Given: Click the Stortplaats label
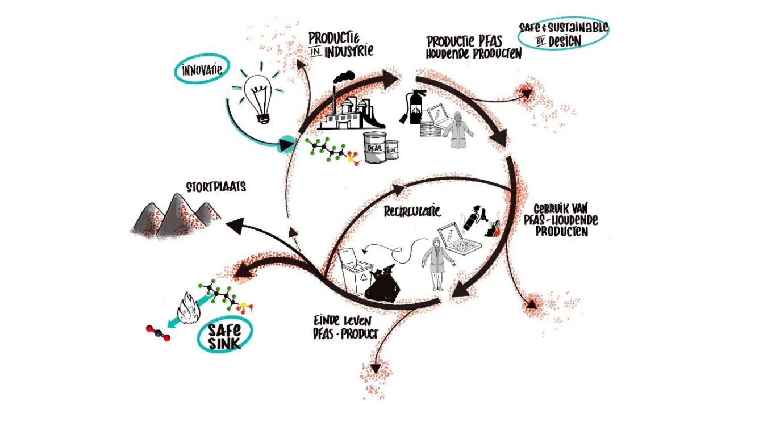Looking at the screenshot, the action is click(216, 187).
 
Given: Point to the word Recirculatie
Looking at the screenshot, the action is click(412, 211).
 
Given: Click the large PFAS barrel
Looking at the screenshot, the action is click(375, 147).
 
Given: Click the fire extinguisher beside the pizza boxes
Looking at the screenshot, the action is click(413, 107).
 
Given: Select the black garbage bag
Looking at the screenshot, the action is click(383, 284).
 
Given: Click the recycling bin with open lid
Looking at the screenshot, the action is click(355, 272).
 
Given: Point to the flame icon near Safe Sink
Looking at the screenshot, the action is click(188, 308).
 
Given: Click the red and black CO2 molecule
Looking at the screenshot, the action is click(158, 333).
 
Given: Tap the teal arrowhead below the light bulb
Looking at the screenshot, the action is click(286, 144).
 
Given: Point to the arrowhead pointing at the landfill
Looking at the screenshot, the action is click(235, 225).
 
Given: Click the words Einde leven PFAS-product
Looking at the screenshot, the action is click(345, 328).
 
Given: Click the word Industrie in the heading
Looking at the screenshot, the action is click(348, 52).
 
